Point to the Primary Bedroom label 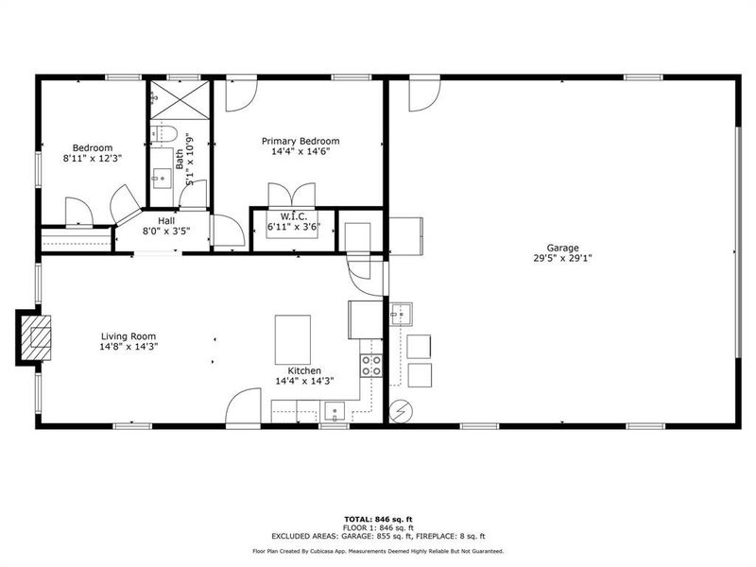coord(300,141)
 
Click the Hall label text coord(166,220)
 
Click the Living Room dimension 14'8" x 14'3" coord(129,347)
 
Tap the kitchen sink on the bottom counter coord(335,410)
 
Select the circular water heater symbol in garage coord(401,411)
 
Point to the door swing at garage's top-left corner coord(422,95)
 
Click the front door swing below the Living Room coord(242,407)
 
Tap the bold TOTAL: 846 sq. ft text coord(378,519)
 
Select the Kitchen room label coord(298,370)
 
